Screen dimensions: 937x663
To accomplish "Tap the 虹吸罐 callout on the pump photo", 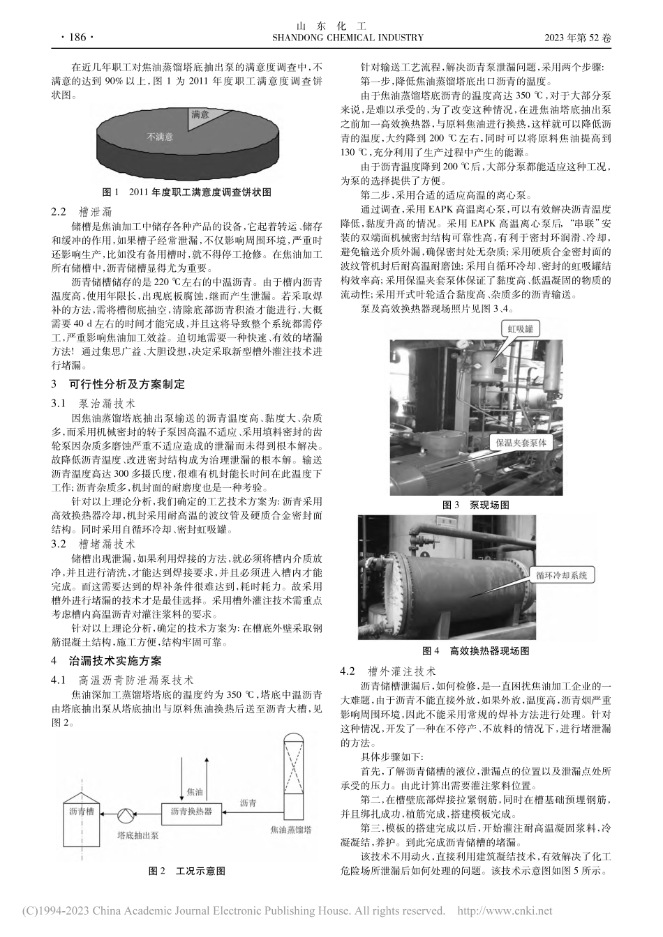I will pyautogui.click(x=519, y=325).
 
